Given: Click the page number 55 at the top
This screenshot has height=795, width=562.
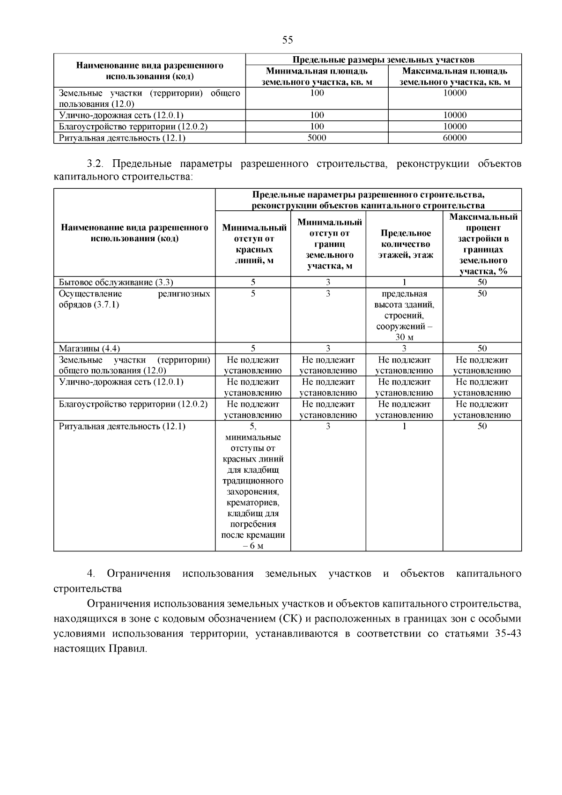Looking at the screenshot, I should [288, 40].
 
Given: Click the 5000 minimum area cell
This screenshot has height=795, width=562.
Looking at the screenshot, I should [317, 138].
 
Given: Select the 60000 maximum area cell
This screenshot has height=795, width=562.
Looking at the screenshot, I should [455, 138].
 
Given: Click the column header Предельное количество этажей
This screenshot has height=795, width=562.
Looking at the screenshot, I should [405, 244].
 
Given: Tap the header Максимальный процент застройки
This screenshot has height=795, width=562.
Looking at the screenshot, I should [483, 244].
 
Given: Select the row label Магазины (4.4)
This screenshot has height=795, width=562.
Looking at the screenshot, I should [89, 349].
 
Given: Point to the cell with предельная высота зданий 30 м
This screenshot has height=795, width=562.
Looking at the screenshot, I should [404, 315].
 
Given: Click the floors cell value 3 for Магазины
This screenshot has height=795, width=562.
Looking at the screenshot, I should [404, 349].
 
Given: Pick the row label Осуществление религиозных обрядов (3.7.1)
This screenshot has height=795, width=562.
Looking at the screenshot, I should [134, 299].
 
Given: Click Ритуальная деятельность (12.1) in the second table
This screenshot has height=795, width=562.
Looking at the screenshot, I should [122, 426].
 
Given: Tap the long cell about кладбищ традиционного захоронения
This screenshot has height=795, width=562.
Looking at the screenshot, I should [253, 486].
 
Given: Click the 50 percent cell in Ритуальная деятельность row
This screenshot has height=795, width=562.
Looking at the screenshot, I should [482, 426].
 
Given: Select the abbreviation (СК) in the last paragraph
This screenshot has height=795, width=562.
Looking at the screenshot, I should [290, 619].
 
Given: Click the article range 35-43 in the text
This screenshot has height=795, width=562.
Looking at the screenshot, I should [508, 634].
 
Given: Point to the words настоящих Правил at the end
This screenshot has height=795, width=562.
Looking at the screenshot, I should [100, 649].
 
